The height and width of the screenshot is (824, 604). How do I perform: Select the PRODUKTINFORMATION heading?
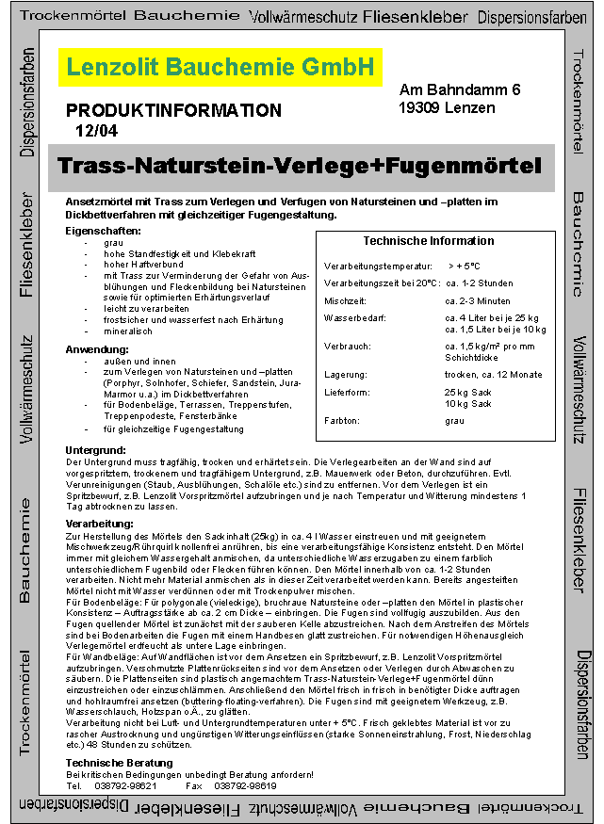point(174,110)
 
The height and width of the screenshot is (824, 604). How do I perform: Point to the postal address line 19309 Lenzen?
point(446,108)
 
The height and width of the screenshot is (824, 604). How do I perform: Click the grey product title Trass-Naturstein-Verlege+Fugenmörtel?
point(300,167)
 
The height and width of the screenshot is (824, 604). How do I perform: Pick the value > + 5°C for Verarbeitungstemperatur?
point(464,267)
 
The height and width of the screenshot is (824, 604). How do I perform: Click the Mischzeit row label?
point(345,300)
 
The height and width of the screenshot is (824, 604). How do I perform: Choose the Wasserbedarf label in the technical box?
point(354,318)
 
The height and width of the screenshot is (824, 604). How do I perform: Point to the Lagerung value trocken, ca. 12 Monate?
point(493,374)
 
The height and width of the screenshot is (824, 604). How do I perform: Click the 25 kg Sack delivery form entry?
point(468,392)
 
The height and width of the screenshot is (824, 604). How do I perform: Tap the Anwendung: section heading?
point(97,348)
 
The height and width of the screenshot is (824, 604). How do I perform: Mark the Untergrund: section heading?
point(98,450)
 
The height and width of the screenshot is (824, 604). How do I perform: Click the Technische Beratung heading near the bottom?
point(118,762)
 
